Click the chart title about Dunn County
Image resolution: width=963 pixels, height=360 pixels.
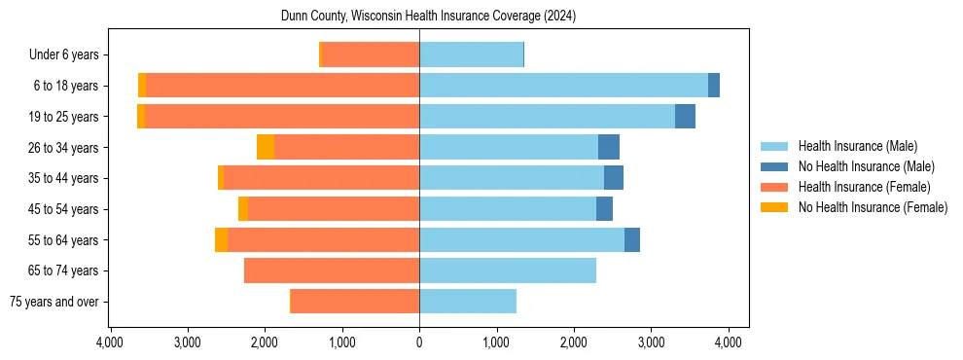coord(429,17)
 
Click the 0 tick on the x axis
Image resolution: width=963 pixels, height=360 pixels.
coord(419,342)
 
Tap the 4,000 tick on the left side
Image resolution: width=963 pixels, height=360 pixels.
coord(110,342)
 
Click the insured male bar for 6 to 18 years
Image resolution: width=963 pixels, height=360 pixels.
coord(563,86)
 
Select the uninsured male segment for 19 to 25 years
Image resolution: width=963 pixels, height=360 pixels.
coord(685,116)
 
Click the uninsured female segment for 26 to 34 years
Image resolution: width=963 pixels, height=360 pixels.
coord(266,147)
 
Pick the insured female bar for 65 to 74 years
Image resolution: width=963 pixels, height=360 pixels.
coord(332,270)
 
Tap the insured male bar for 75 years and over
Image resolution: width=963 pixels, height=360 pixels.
coord(468,302)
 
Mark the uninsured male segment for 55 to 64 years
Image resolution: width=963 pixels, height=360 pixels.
coord(632,239)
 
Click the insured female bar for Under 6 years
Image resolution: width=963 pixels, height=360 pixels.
coord(371,54)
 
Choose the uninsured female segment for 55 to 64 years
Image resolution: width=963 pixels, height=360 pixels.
coord(221,239)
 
